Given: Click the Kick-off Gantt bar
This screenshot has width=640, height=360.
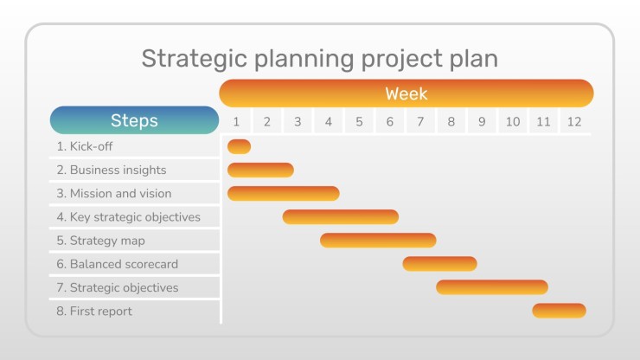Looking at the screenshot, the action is click(x=240, y=147).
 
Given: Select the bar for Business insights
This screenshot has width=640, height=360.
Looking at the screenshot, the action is click(x=260, y=170).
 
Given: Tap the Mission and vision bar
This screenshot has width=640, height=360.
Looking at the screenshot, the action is click(x=284, y=194).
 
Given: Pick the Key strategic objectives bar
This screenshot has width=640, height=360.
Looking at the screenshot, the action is click(x=341, y=217).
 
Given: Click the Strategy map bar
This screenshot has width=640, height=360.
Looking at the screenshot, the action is click(x=378, y=241).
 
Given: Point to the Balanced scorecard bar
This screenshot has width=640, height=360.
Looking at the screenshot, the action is click(x=439, y=264).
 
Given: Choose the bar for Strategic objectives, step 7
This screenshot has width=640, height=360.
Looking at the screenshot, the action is click(x=492, y=287).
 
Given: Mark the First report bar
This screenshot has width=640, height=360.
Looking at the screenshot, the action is click(x=560, y=311).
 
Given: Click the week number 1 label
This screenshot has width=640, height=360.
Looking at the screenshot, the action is click(x=236, y=122).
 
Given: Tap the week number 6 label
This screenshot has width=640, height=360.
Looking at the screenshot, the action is click(x=390, y=122).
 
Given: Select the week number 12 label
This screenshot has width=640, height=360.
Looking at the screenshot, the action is click(x=574, y=122).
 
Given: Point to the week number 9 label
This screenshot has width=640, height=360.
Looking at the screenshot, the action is click(x=482, y=122).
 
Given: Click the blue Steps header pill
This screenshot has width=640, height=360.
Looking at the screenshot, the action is click(x=134, y=120).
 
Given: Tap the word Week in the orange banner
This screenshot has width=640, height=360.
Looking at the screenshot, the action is click(x=406, y=94).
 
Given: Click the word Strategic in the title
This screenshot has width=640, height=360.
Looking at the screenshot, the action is click(x=195, y=59).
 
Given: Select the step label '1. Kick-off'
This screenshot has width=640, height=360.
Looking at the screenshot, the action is click(x=85, y=146).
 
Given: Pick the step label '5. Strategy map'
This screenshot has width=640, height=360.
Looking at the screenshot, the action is click(x=101, y=241).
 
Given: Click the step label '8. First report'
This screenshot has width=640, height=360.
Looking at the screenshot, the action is click(x=94, y=312).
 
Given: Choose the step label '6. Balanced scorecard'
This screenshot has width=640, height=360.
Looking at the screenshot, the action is click(x=118, y=265).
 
